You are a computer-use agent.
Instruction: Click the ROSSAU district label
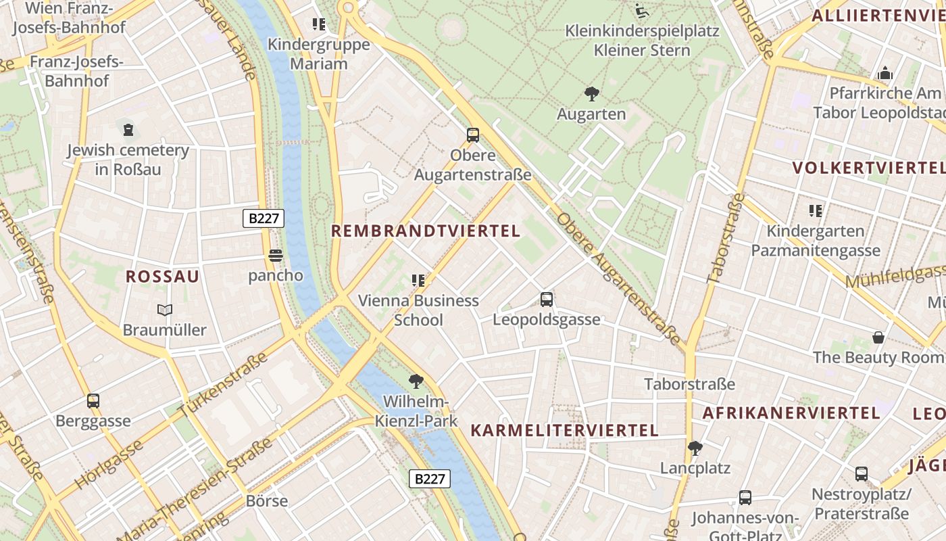pos(163,277)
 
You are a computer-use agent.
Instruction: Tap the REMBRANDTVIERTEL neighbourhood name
pos(425,231)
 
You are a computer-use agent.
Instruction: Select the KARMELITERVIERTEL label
pos(564,430)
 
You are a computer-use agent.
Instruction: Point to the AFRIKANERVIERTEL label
pos(791,413)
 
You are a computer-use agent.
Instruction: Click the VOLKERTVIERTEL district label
pos(868,168)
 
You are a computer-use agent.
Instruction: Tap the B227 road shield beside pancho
pos(264,218)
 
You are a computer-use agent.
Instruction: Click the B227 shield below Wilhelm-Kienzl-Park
pos(430,479)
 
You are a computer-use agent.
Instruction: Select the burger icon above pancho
pos(275,256)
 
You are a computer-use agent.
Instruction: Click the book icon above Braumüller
pos(164,310)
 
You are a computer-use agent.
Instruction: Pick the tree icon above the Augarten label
pos(591,93)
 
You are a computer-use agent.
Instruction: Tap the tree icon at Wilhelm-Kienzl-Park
pos(416,381)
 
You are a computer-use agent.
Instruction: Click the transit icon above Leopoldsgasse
pos(547,299)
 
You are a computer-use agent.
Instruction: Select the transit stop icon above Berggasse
pos(93,401)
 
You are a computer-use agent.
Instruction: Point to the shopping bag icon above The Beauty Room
pos(878,337)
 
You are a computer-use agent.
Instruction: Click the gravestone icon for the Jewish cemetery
pos(128,129)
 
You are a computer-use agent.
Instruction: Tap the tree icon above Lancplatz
pos(695,448)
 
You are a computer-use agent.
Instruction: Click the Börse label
pos(267,501)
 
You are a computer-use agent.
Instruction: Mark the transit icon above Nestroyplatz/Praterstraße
pos(862,474)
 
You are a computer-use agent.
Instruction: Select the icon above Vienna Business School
pos(418,280)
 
